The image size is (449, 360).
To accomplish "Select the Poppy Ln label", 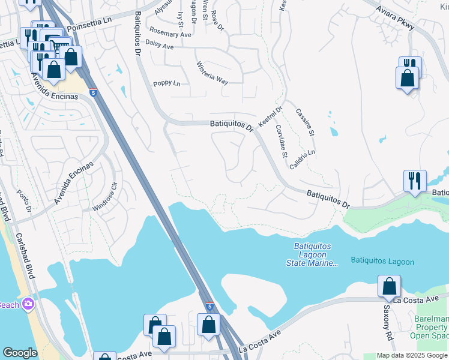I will [166, 83].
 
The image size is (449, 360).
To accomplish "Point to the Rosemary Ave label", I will [170, 34].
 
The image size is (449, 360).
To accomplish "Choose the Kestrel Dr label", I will [270, 116].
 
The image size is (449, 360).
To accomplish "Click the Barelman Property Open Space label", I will [433, 327].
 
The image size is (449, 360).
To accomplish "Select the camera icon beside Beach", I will [28, 305].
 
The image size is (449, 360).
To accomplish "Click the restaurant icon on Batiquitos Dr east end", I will [415, 179].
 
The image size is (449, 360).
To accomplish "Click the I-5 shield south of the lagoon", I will [208, 306].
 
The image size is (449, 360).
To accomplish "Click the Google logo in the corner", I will [20, 353].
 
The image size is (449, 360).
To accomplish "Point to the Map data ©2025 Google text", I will [412, 355].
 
